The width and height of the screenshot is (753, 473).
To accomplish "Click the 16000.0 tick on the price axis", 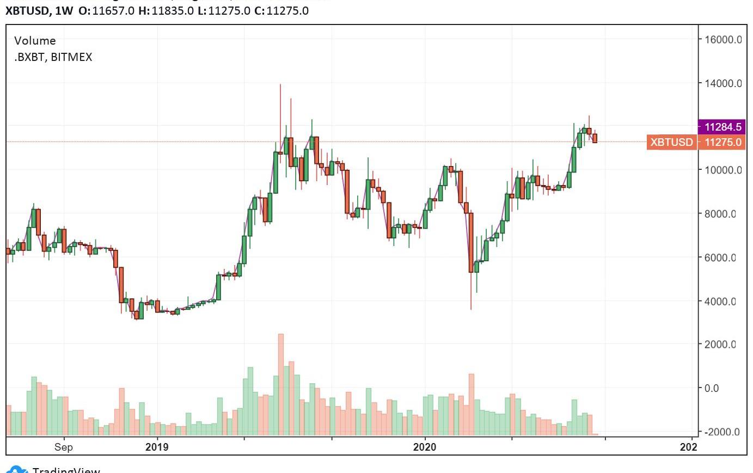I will (x=723, y=40).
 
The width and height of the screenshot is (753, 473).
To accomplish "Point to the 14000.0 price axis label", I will (x=723, y=83).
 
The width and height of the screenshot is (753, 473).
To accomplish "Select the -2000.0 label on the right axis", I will (x=722, y=432).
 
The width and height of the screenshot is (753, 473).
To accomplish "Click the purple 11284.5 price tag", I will (x=722, y=127).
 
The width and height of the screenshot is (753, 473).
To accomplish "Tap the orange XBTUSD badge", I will (x=671, y=142).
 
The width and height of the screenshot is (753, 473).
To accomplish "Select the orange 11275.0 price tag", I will (x=723, y=142).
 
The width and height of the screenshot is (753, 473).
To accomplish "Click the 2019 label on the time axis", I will (x=157, y=447).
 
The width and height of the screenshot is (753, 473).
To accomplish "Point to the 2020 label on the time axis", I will (x=425, y=447).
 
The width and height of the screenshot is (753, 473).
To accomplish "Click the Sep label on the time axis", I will (x=64, y=447).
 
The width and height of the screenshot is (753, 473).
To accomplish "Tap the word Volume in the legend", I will (x=35, y=41).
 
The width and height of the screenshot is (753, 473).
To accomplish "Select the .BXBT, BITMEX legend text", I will (x=53, y=57).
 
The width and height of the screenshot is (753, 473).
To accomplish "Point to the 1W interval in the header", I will (x=64, y=11).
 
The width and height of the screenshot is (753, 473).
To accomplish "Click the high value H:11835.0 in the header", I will (x=166, y=11).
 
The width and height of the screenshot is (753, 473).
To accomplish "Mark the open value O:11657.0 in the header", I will (x=107, y=11).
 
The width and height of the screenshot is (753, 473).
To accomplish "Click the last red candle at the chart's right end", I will (x=595, y=138).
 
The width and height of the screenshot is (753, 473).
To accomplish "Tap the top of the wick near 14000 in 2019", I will (x=280, y=85).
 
